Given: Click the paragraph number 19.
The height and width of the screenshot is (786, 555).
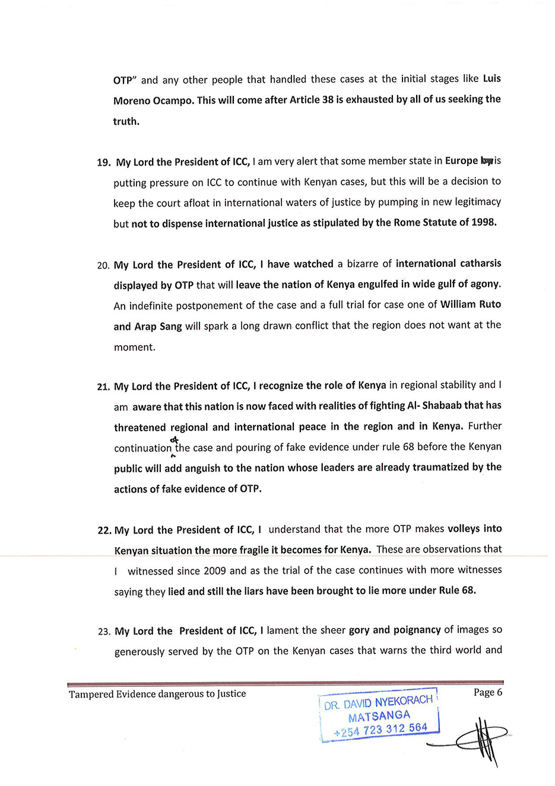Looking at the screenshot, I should click(103, 163).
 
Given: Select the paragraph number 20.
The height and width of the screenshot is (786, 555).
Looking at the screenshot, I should click(103, 266).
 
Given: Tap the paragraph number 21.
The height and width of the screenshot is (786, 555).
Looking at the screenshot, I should click(103, 387).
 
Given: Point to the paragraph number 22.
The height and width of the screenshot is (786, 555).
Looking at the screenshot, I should click(104, 531).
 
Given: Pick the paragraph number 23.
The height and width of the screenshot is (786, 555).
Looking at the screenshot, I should click(104, 632).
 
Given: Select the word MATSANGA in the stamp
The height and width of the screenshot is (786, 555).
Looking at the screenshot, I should click(379, 716).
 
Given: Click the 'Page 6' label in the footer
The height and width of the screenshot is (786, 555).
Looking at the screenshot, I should click(487, 692).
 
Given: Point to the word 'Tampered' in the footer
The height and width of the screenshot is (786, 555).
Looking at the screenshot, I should click(91, 694).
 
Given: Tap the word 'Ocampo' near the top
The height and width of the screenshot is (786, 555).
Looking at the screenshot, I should click(173, 100).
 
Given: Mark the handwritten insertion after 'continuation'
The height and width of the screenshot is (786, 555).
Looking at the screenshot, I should click(174, 440).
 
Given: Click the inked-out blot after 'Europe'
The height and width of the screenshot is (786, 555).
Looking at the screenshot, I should click(487, 160).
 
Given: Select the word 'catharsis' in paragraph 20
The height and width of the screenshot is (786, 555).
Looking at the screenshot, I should click(474, 263).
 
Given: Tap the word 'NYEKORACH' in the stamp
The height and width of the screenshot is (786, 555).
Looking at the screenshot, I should click(404, 701).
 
